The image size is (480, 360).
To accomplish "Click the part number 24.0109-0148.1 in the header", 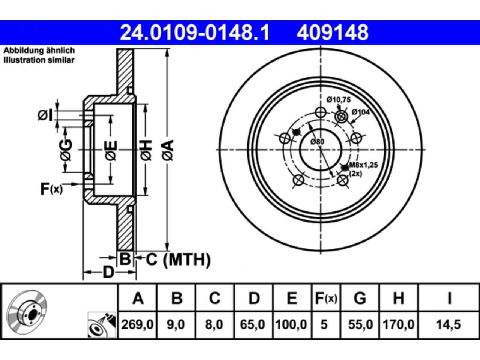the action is (x=195, y=33).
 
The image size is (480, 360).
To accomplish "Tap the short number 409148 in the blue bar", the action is (x=333, y=33).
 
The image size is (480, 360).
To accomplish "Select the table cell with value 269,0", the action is (x=137, y=324).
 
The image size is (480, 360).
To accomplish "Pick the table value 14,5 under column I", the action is (x=448, y=324).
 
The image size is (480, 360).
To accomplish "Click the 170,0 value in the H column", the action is (x=398, y=324).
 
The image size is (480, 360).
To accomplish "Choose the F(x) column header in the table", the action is (x=326, y=298).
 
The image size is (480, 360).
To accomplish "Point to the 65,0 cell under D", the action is (x=253, y=324).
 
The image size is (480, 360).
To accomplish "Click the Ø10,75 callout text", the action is (x=339, y=100).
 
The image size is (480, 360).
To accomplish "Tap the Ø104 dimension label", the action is (x=361, y=112).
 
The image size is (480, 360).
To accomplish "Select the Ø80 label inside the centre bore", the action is (x=318, y=142).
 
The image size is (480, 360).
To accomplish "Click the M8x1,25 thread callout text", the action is (x=364, y=165).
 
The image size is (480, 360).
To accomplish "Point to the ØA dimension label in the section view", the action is (x=168, y=150).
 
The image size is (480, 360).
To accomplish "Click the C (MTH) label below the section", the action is (x=178, y=259).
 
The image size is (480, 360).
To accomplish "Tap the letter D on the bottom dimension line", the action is (x=108, y=272).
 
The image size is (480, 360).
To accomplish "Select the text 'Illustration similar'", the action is (x=39, y=60).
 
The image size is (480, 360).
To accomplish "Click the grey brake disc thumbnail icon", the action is (x=27, y=312).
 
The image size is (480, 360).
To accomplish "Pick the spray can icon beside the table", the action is (x=102, y=325).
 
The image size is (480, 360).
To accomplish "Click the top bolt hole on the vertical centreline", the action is (x=321, y=112).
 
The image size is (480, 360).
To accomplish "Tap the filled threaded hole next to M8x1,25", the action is (x=345, y=168).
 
